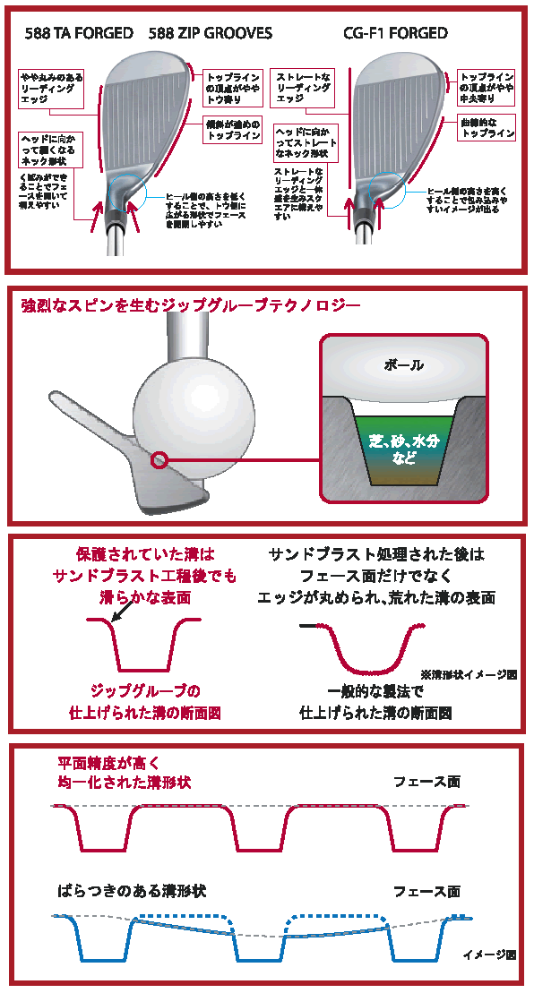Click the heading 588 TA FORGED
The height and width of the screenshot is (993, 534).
[81, 33]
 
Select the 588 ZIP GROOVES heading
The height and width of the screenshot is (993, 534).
[211, 33]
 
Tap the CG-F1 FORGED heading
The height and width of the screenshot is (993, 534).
[395, 33]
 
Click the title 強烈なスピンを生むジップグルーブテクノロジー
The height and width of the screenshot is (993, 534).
[191, 306]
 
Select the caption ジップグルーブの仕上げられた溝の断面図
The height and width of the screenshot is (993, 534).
[146, 702]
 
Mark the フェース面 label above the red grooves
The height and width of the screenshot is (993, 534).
[426, 781]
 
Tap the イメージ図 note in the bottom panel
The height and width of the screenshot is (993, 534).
[489, 954]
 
